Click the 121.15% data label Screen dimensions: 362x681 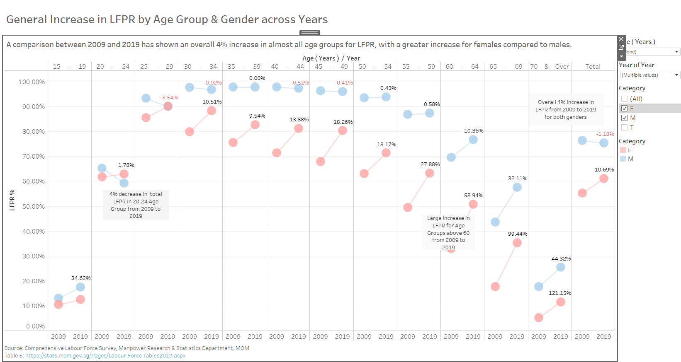click(x=559, y=293)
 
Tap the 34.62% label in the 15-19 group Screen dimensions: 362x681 click(x=81, y=278)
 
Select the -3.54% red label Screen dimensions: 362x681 click(x=169, y=98)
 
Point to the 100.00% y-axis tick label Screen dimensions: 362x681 click(x=32, y=82)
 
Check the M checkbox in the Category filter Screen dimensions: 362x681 click(x=625, y=118)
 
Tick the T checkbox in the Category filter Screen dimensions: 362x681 click(x=625, y=128)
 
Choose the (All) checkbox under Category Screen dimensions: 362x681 click(x=625, y=99)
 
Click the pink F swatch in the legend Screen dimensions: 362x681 click(x=623, y=150)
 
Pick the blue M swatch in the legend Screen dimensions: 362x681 click(x=623, y=159)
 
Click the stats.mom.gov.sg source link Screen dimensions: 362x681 click(x=105, y=356)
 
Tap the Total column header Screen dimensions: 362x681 click(x=593, y=67)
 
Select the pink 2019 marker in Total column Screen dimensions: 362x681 click(x=604, y=179)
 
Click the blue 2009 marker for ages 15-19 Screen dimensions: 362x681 click(x=58, y=298)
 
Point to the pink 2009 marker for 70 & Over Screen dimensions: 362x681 click(x=539, y=318)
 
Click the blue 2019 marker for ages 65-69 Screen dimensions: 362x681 click(x=517, y=187)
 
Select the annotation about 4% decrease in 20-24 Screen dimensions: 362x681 click(x=136, y=205)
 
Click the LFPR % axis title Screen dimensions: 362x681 click(x=12, y=200)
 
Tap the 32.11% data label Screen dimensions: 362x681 click(x=518, y=179)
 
